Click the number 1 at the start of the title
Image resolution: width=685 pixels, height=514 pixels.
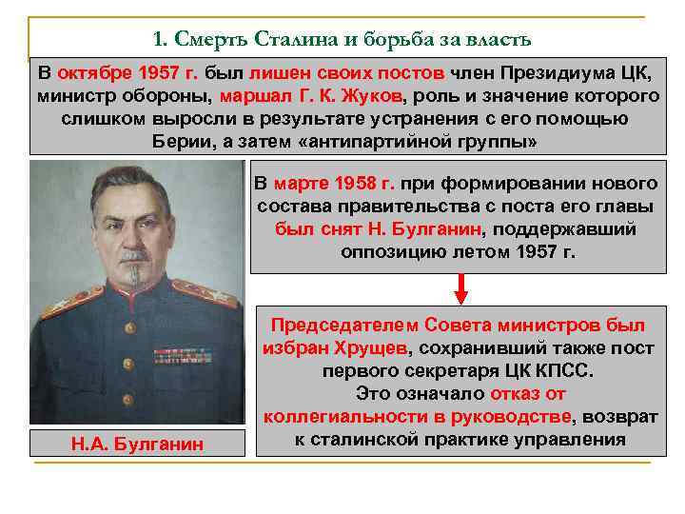[158, 40]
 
